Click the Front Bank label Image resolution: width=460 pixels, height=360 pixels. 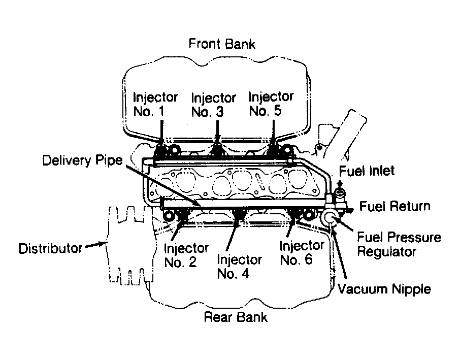[x=222, y=44]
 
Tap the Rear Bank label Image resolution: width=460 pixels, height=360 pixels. [x=236, y=317]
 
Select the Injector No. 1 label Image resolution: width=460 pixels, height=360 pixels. [x=155, y=104]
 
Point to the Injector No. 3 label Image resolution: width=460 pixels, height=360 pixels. [x=213, y=105]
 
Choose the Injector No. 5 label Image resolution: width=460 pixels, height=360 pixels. [x=271, y=104]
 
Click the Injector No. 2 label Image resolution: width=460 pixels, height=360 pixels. [x=186, y=255]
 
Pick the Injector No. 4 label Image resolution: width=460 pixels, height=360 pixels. [x=239, y=267]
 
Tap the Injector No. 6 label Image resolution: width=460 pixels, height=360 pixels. [x=302, y=253]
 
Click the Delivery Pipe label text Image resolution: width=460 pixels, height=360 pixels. [x=82, y=160]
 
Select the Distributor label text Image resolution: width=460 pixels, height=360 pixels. [x=50, y=248]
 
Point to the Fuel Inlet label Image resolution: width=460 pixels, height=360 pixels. [x=367, y=171]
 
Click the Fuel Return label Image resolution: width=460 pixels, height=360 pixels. [x=395, y=206]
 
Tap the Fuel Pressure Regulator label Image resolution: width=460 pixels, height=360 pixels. [x=399, y=244]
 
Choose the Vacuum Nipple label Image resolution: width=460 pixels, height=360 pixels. [x=384, y=289]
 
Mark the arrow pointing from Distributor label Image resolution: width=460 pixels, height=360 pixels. [x=96, y=244]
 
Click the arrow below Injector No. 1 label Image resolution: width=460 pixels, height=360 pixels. [x=161, y=132]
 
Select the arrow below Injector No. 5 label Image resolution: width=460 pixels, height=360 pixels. [x=273, y=131]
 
